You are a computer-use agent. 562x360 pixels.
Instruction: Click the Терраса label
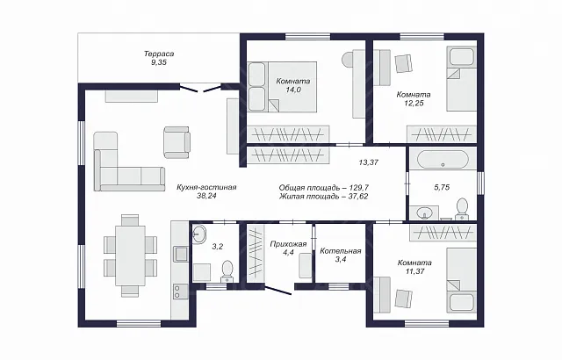(159, 54)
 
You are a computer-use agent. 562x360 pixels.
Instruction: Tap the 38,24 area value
(207, 196)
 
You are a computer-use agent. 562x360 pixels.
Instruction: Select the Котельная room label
(341, 251)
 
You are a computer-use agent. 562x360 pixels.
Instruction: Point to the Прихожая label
(288, 244)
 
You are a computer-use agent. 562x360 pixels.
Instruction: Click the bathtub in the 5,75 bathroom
(443, 160)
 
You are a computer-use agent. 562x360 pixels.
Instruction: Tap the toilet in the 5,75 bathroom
(462, 209)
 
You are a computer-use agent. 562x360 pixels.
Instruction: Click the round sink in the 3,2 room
(199, 234)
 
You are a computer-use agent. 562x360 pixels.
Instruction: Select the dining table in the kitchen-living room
(130, 256)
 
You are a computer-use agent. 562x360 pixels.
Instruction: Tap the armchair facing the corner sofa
(177, 142)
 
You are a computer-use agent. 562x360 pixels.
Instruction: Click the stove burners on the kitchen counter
(178, 291)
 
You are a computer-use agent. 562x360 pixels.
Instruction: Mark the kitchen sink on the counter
(180, 254)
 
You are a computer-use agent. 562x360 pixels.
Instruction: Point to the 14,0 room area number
(293, 90)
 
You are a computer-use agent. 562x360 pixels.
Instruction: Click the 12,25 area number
(414, 103)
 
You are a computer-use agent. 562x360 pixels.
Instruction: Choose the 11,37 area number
(414, 271)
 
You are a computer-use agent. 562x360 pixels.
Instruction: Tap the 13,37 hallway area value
(369, 162)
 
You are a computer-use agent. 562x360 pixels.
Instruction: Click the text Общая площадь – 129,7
(324, 187)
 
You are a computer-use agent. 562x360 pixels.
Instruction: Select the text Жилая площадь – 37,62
(324, 197)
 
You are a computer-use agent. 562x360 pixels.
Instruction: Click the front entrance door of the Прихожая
(278, 290)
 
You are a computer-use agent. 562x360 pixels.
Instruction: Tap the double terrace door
(200, 88)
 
